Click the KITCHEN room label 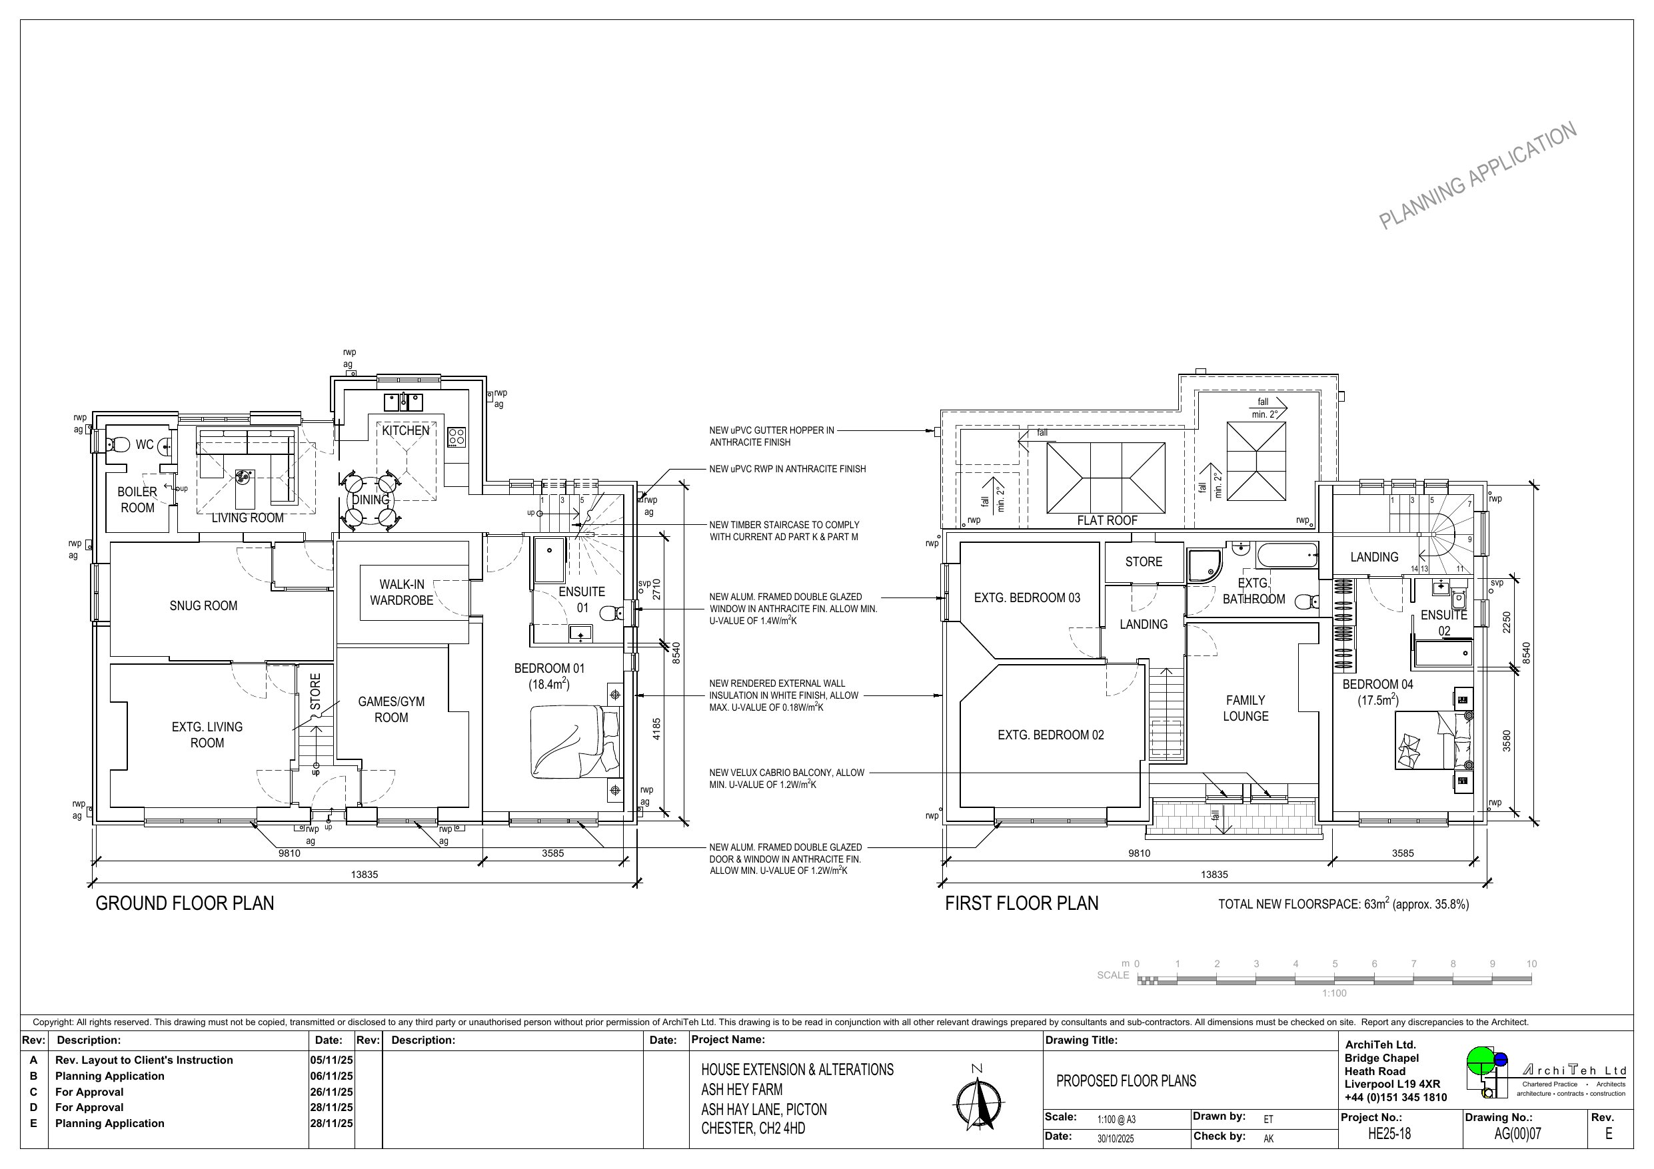click(405, 431)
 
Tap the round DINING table click(371, 499)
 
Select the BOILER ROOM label click(137, 500)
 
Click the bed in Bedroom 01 click(575, 742)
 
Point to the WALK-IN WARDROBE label click(401, 592)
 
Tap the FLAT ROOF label click(1108, 521)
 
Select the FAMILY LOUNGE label click(1245, 708)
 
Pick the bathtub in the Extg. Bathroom click(1287, 556)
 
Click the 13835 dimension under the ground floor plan click(365, 875)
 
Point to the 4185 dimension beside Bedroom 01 click(656, 729)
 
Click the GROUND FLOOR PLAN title click(185, 903)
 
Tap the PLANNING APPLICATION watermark click(1477, 176)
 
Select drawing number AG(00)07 click(1518, 1134)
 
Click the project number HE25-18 click(1389, 1134)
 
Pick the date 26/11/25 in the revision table click(331, 1092)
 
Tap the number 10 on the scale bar click(1531, 964)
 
